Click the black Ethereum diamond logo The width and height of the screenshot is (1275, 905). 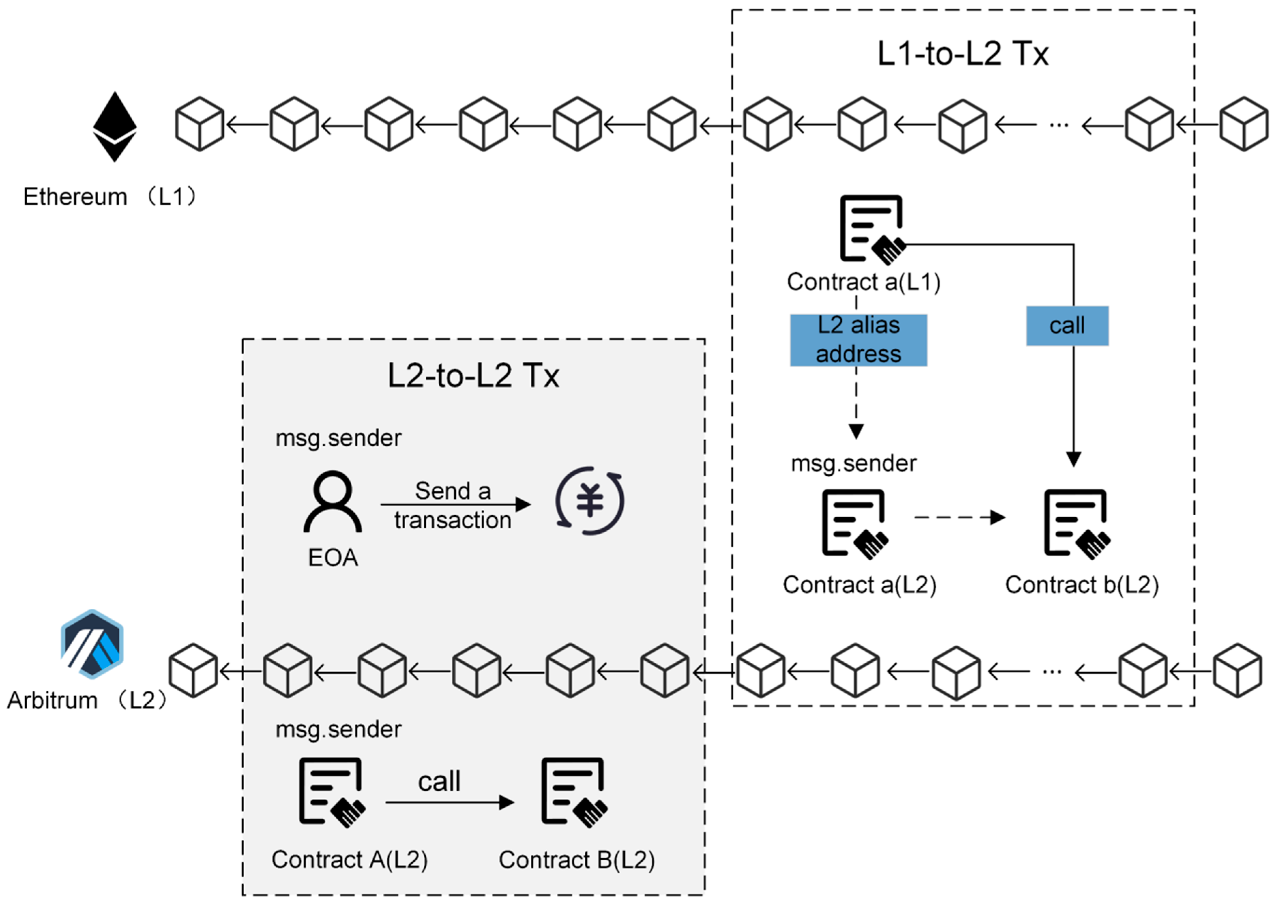click(x=114, y=127)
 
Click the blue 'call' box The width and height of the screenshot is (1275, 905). click(x=1067, y=326)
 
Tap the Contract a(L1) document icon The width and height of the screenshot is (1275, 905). click(x=872, y=229)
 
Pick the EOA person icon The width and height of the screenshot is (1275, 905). click(x=333, y=502)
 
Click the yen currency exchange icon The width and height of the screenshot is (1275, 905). click(x=590, y=500)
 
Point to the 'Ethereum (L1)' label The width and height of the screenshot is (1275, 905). click(x=110, y=197)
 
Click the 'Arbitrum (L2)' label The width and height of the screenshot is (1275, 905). click(x=86, y=700)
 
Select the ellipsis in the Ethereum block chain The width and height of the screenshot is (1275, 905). click(x=1058, y=125)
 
